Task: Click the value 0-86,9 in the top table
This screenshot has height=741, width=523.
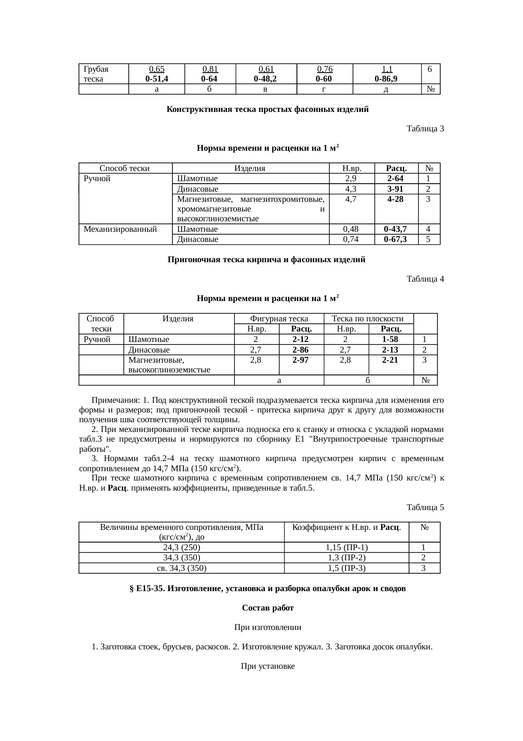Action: click(387, 79)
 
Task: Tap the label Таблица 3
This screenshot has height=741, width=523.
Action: click(425, 128)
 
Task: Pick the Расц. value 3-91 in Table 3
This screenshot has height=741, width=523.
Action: click(396, 189)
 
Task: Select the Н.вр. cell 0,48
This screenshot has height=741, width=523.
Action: click(351, 229)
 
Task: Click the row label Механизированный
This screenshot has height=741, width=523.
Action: click(120, 229)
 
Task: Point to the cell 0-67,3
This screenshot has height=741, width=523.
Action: click(396, 239)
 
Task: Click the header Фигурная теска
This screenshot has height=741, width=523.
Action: click(279, 319)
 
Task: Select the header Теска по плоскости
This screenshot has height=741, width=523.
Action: click(368, 319)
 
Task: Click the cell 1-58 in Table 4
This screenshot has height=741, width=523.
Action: click(390, 339)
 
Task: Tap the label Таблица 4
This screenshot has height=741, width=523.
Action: click(425, 279)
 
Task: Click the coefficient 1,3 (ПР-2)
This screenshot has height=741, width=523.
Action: click(346, 558)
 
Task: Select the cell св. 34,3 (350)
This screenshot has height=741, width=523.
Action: click(181, 568)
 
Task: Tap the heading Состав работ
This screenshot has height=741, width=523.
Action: click(267, 608)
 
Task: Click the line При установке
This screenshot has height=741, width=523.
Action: click(267, 666)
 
